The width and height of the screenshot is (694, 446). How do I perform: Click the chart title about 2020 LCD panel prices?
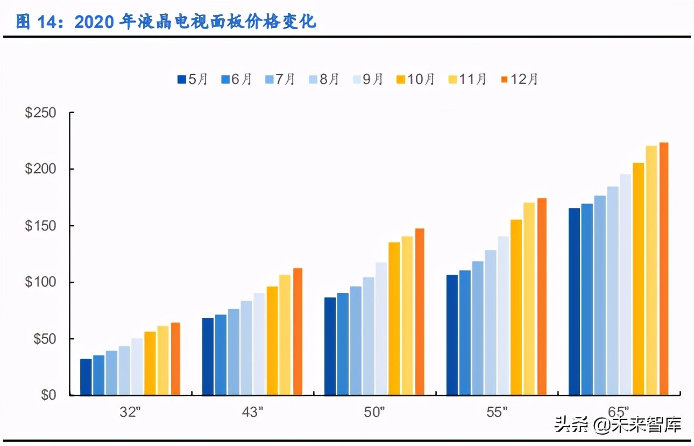click(166, 22)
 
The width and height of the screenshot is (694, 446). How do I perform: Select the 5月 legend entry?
click(192, 80)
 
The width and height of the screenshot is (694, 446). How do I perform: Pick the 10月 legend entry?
click(415, 80)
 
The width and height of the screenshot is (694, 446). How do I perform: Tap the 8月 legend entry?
click(323, 80)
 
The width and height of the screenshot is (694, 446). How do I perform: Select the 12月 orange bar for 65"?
click(663, 269)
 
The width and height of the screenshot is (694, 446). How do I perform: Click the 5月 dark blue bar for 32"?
click(86, 377)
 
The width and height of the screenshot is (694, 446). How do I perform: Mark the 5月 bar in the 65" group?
click(574, 302)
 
